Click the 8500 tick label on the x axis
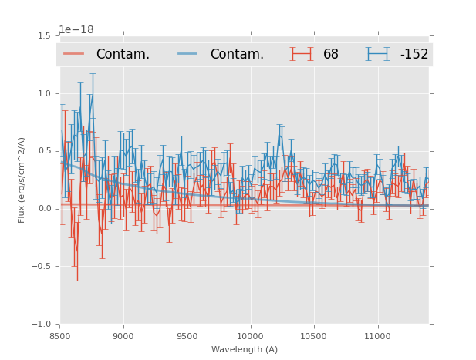(60, 337)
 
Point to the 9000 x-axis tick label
(123, 337)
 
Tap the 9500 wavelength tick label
(187, 337)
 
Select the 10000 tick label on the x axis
(250, 337)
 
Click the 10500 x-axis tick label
(314, 337)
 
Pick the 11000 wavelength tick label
(377, 337)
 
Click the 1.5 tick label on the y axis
(44, 36)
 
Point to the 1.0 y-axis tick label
(44, 94)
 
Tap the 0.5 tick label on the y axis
(44, 152)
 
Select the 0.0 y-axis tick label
(44, 209)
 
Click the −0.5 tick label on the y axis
(42, 267)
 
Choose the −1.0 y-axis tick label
(42, 325)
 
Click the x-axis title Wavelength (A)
(245, 350)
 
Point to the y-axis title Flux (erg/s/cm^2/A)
(22, 180)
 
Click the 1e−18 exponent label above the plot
(76, 30)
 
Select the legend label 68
(331, 55)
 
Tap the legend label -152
(414, 55)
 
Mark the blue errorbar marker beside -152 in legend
(378, 54)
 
